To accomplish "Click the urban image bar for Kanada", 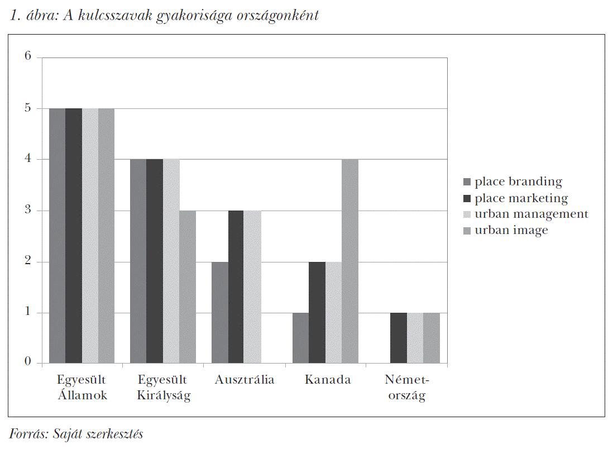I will (x=349, y=261).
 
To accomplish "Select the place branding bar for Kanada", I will (x=300, y=338).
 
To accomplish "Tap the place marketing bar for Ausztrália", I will (x=236, y=287).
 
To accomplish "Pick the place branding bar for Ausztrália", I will (x=219, y=313).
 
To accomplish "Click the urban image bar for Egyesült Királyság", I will (x=187, y=287).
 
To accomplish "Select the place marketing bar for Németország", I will (x=398, y=338).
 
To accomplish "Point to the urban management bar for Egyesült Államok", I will (x=90, y=236).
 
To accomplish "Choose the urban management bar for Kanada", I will (x=333, y=313).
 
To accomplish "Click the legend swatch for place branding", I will (x=467, y=182).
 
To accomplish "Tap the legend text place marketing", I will (x=521, y=198).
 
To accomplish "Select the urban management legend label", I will (x=531, y=214).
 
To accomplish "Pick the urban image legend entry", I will (x=511, y=230).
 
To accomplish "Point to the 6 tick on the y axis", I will (x=28, y=57).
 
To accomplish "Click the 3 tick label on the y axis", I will (x=28, y=211).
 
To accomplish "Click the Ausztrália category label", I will (x=245, y=380).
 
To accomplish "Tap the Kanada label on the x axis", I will (x=328, y=380).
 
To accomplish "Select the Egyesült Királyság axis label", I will (x=164, y=388).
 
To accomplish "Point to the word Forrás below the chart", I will (x=27, y=433).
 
